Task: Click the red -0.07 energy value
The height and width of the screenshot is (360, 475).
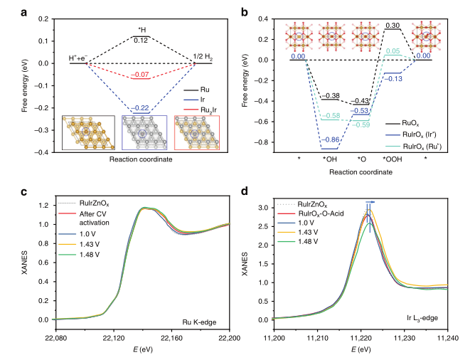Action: pyautogui.click(x=142, y=74)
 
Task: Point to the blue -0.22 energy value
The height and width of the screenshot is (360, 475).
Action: pyautogui.click(x=142, y=106)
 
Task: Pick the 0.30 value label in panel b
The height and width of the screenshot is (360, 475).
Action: pyautogui.click(x=390, y=26)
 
